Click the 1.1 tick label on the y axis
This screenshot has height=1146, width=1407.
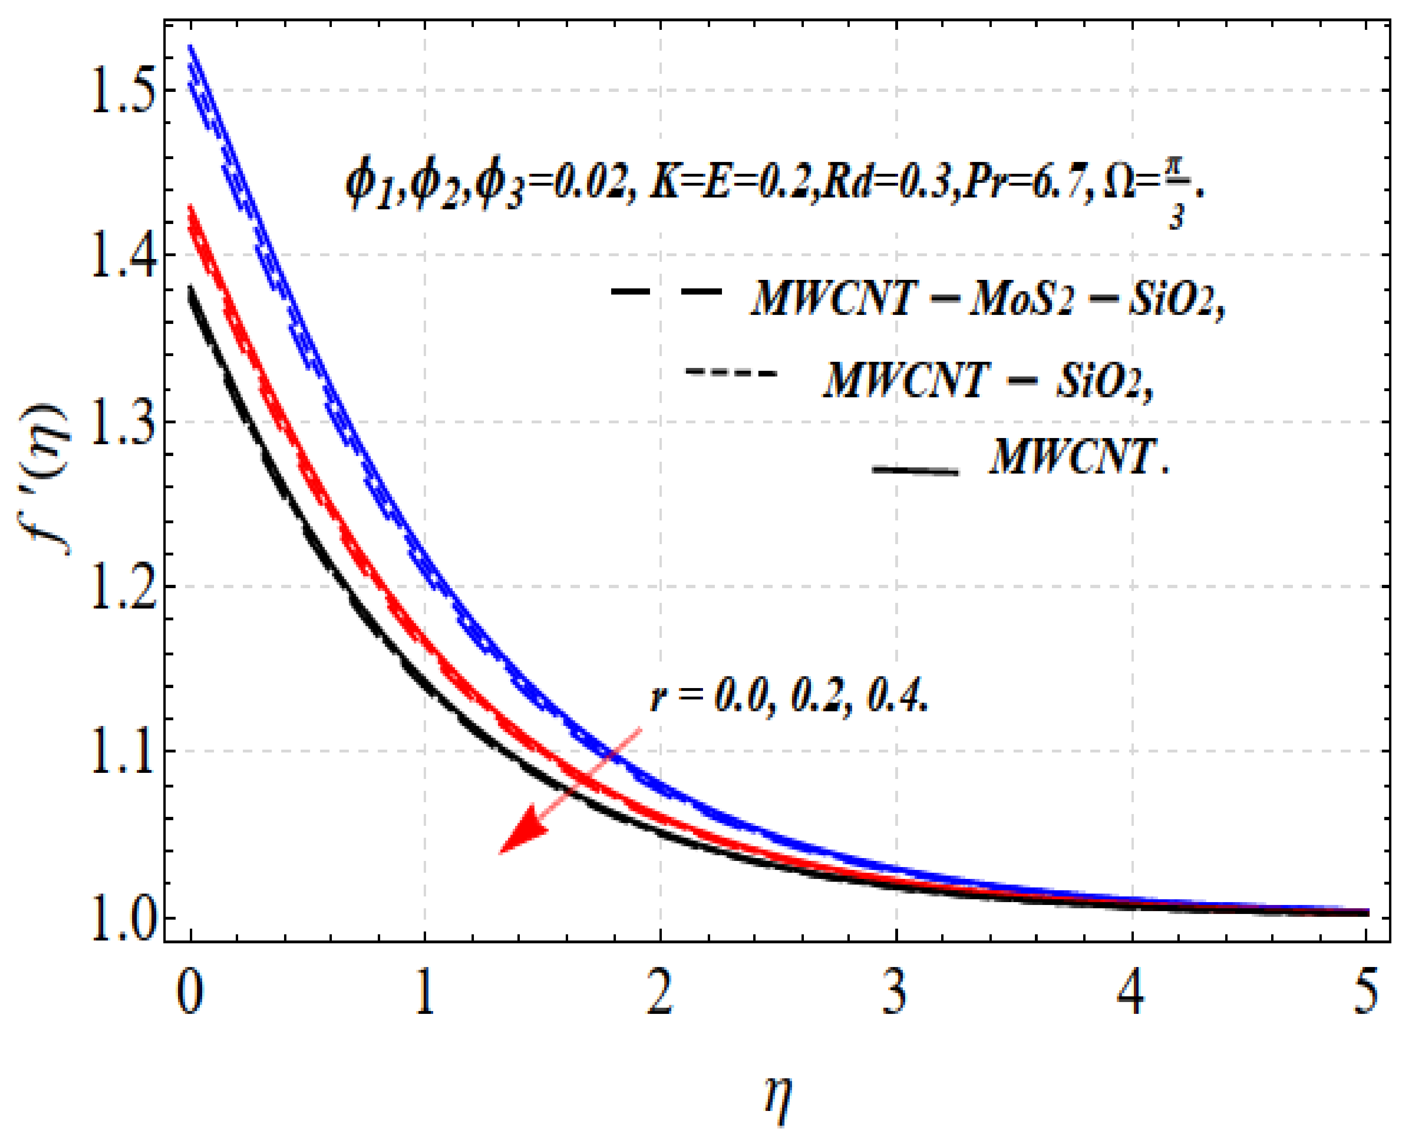point(123,752)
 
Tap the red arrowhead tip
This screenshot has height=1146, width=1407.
point(500,853)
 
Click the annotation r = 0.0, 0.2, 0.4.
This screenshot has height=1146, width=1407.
point(789,697)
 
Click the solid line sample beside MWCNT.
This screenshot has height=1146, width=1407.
point(915,470)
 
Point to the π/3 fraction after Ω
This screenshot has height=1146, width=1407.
point(1176,198)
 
